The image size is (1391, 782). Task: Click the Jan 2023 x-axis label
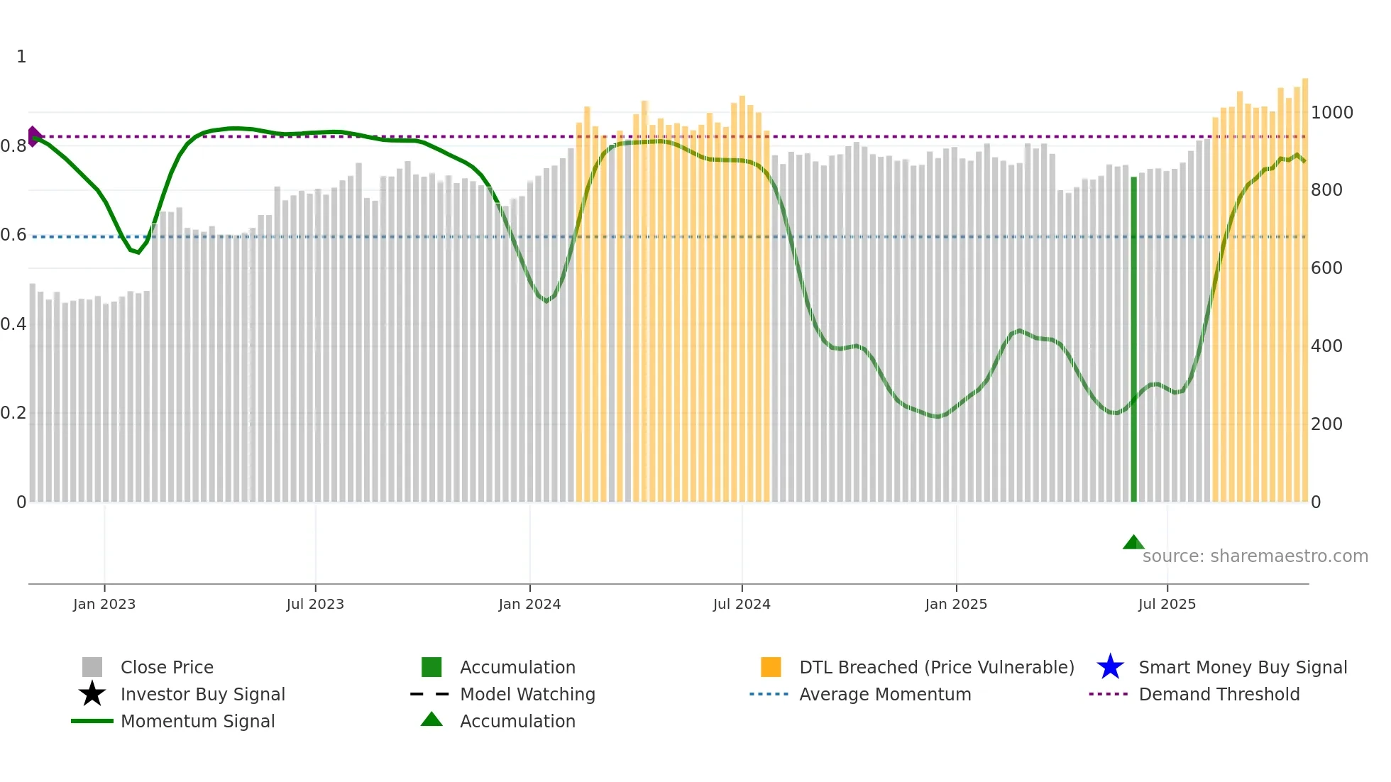coord(104,604)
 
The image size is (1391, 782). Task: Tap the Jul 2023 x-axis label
coord(315,604)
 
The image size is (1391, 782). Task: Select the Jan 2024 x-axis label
coord(529,604)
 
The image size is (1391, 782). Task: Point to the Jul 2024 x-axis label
coord(742,604)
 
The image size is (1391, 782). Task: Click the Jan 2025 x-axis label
coord(956,604)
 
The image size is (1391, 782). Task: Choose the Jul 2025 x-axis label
coord(1167,604)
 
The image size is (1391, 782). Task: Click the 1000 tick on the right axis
coord(1332,113)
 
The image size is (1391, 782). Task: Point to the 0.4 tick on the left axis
coord(13,324)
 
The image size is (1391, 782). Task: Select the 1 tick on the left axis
coord(21,57)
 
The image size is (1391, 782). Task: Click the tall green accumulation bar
coord(1133,341)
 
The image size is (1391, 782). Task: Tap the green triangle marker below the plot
coord(1133,543)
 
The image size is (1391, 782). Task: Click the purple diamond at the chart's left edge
coord(33,136)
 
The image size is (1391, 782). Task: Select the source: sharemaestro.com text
coord(1255,556)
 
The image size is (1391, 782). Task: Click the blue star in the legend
coord(1110,667)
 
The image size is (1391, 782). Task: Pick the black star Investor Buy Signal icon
coord(92,694)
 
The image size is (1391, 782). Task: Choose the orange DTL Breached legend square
coord(771,667)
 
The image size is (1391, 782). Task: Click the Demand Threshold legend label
coord(1219,694)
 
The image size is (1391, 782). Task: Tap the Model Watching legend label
coord(527,694)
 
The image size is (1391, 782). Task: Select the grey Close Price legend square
coord(92,667)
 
